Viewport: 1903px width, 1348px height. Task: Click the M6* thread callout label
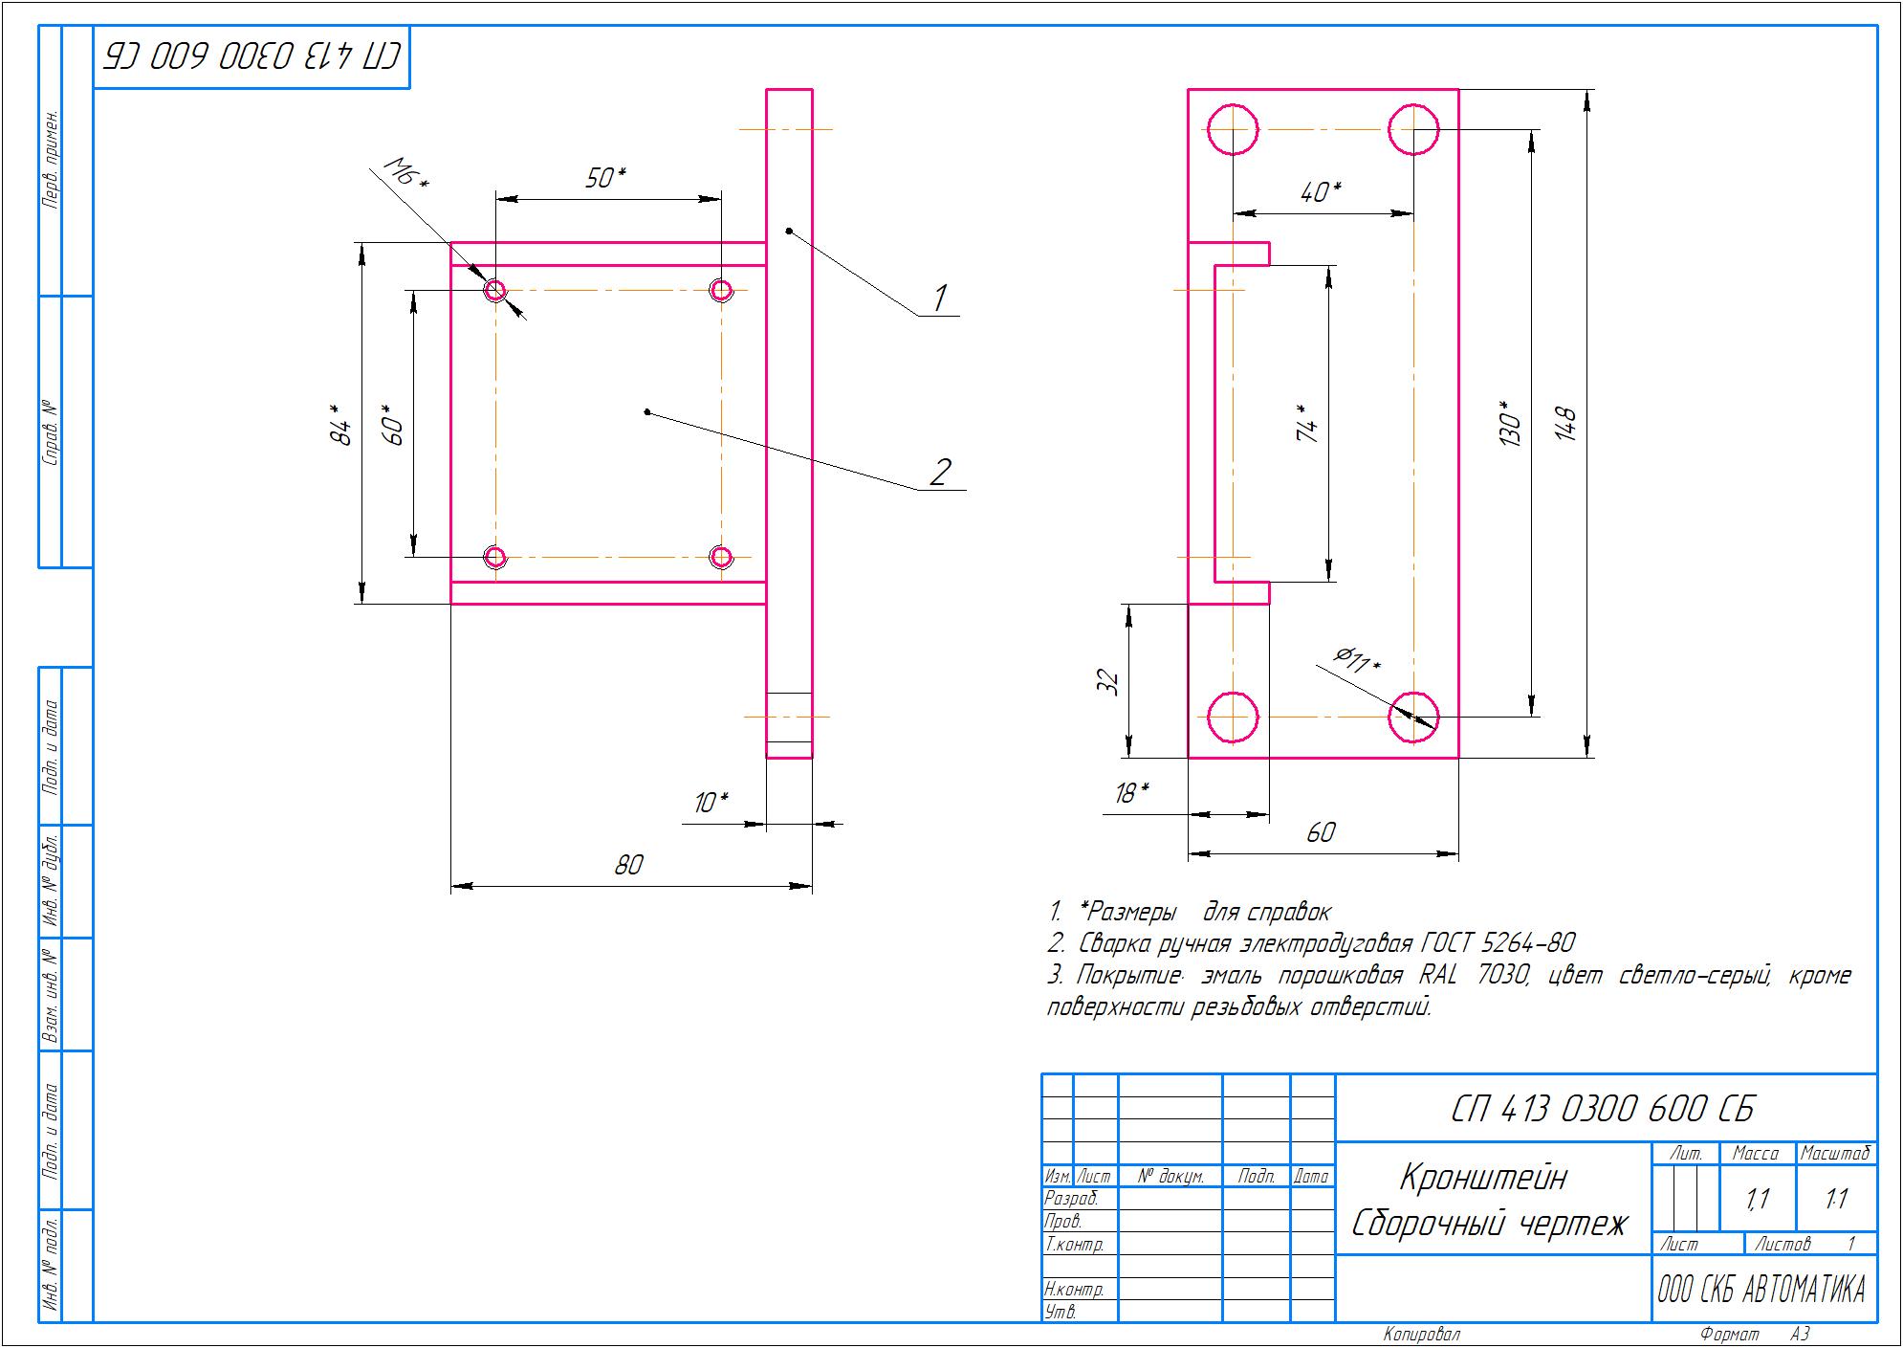click(x=406, y=174)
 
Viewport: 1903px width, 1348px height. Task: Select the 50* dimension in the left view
click(x=605, y=178)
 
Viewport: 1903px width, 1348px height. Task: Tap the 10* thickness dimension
click(x=711, y=803)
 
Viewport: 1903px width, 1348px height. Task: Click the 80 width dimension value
click(x=628, y=865)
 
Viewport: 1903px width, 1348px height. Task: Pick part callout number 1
click(x=939, y=298)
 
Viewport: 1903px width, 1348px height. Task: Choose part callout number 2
click(x=941, y=472)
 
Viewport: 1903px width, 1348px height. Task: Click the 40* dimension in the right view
click(x=1321, y=192)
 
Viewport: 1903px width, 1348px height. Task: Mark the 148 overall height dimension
click(x=1564, y=424)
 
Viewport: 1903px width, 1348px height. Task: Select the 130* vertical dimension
click(x=1510, y=424)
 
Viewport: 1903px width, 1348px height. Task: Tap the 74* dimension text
click(x=1307, y=423)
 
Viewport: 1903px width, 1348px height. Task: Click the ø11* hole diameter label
click(x=1357, y=660)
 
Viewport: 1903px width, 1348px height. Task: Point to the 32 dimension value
click(x=1107, y=681)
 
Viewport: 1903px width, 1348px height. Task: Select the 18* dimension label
click(x=1131, y=793)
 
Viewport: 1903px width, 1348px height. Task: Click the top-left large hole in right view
click(x=1233, y=129)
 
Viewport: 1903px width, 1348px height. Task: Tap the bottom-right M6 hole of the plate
click(x=721, y=557)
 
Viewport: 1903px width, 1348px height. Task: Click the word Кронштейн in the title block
click(x=1483, y=1178)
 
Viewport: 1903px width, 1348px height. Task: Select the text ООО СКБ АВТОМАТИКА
click(x=1761, y=1291)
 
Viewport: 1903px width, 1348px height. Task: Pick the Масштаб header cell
click(x=1835, y=1154)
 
